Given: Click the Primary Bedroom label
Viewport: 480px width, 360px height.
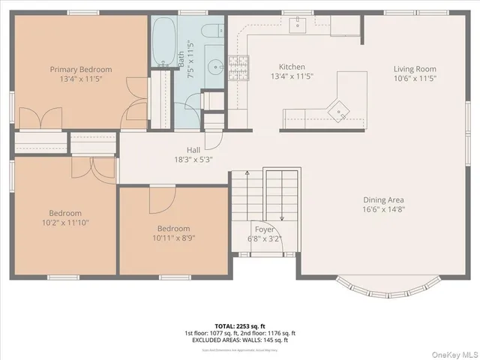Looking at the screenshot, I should (x=80, y=69).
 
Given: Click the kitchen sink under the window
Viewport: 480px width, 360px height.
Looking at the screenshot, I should (x=298, y=25).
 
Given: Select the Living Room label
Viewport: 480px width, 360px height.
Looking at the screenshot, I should (x=415, y=69).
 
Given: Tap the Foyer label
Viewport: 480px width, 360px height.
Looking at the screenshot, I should (x=264, y=230).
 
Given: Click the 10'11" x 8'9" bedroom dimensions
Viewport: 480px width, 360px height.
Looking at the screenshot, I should (x=173, y=238).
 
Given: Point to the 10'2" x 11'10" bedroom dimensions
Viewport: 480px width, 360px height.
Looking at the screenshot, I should (x=65, y=223).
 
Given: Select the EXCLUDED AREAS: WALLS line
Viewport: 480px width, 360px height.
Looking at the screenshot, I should (x=239, y=340).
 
